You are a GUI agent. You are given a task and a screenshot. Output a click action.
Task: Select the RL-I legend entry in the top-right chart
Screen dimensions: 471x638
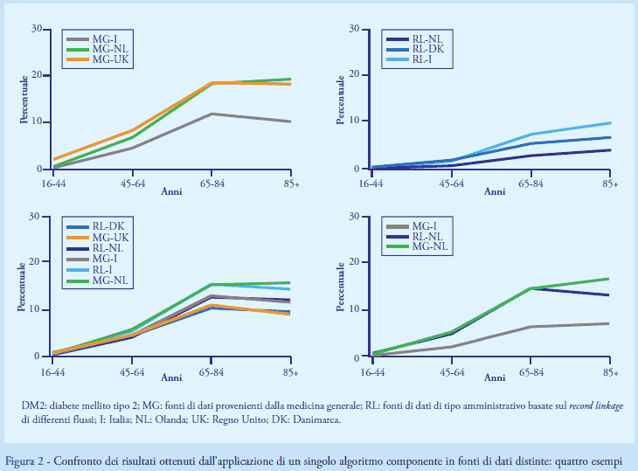click(x=421, y=59)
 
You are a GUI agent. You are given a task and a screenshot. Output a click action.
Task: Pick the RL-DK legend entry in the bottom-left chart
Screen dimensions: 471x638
click(x=106, y=225)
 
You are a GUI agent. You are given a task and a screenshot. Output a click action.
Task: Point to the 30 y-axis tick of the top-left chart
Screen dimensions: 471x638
click(x=36, y=29)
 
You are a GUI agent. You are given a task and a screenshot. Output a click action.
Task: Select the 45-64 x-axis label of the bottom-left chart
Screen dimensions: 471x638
click(x=132, y=371)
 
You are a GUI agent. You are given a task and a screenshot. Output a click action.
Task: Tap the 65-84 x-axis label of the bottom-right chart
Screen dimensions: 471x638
click(x=530, y=371)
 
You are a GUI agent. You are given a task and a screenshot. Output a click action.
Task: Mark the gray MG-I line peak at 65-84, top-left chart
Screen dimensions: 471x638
click(x=212, y=114)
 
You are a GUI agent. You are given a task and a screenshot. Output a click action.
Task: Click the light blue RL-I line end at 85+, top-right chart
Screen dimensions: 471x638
click(x=609, y=123)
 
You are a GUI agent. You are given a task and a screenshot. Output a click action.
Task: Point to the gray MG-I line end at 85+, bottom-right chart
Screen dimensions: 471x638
click(x=609, y=323)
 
